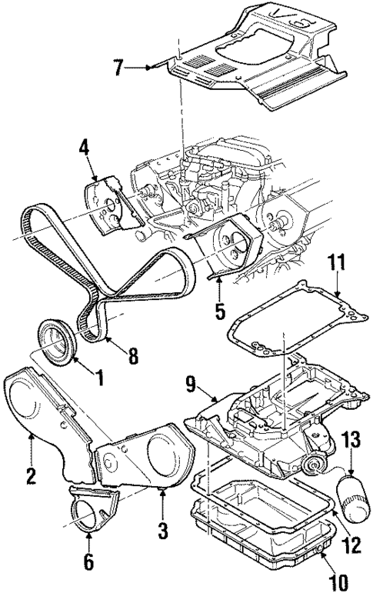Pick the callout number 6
88,563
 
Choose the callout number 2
31,477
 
